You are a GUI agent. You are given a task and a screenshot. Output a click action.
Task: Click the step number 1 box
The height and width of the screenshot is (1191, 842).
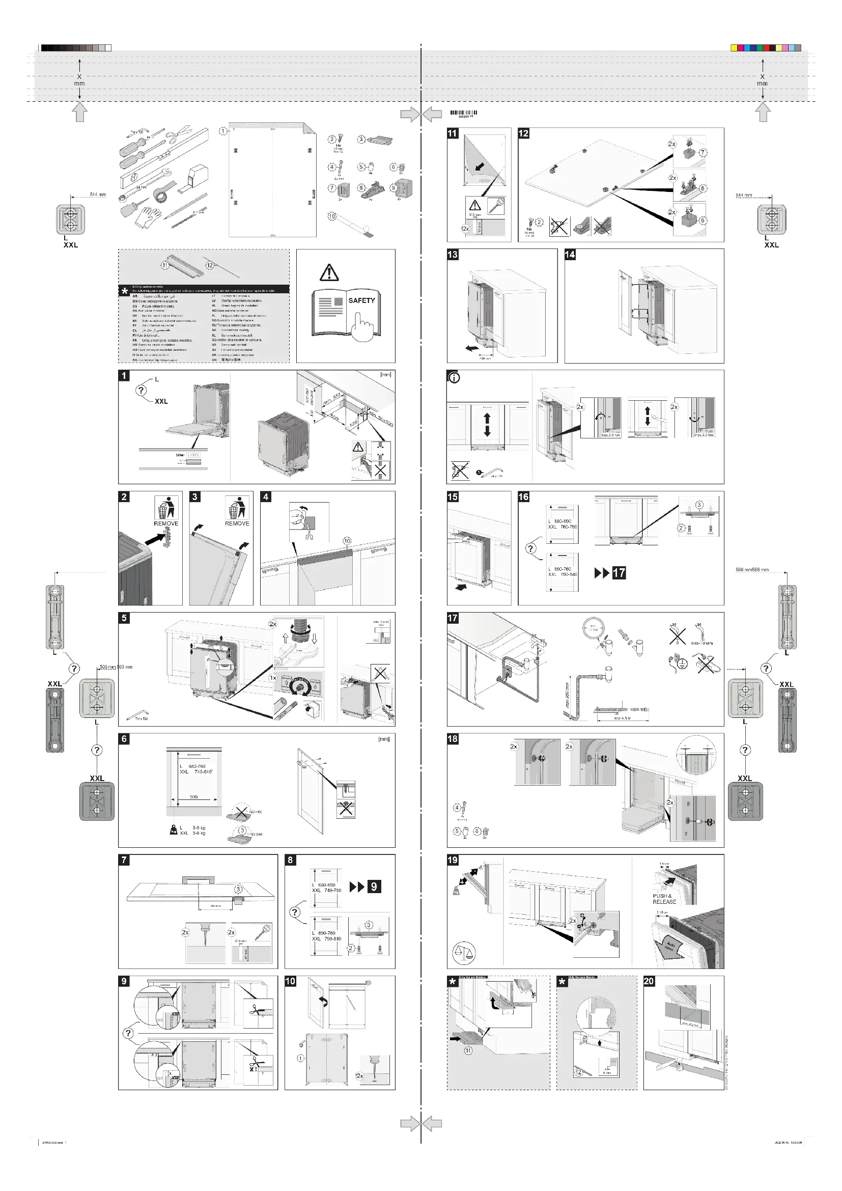coord(124,376)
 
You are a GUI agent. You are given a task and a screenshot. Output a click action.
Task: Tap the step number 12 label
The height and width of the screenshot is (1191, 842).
coord(523,133)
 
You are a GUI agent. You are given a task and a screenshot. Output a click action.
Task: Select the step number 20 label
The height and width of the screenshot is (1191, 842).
coord(649,981)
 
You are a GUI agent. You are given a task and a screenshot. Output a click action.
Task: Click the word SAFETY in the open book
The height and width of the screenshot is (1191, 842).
coord(361,300)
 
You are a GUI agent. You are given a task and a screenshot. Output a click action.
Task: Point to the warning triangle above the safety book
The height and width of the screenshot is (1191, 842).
coord(329,272)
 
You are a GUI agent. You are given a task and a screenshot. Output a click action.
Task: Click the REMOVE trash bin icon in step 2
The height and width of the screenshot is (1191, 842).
coord(166,508)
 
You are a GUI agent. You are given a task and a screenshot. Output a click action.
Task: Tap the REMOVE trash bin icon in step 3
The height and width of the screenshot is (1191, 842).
coord(237,508)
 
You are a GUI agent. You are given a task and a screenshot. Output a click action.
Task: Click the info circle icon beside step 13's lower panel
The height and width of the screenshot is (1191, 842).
coord(454,378)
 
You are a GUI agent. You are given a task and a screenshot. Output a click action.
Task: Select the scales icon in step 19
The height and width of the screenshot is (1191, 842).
coord(464,952)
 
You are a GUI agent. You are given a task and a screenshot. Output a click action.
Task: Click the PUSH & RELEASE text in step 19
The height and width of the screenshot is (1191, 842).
coord(664,899)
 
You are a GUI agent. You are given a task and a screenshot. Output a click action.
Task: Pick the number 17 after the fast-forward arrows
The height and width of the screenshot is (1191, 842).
coord(619,573)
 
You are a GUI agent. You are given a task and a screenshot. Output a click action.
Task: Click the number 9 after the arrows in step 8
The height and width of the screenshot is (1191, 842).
coord(374,887)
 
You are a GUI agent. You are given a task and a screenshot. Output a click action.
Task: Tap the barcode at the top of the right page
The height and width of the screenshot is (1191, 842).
coord(464,113)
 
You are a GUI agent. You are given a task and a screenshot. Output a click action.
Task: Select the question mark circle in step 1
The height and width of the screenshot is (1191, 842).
coord(142,390)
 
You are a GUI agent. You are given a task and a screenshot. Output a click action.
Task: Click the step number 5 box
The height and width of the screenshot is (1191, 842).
coord(124,618)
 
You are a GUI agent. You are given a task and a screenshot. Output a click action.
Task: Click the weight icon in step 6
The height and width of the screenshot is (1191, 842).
coord(174,830)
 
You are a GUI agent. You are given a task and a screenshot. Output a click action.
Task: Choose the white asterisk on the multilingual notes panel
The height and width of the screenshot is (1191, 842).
coord(124,291)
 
